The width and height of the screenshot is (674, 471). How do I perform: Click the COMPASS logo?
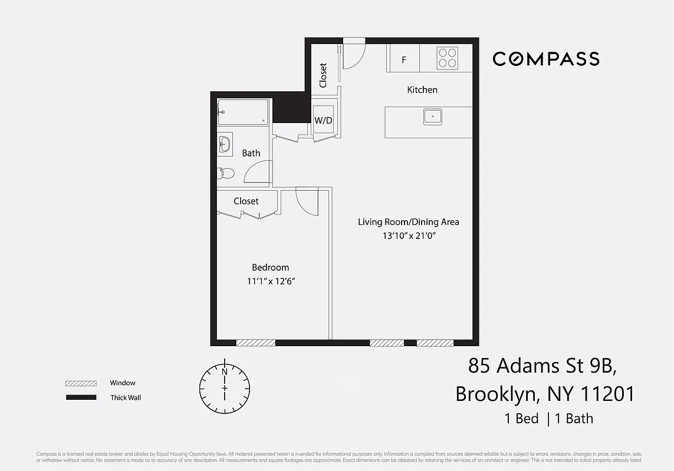pyautogui.click(x=546, y=59)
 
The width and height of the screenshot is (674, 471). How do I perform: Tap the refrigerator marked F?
pyautogui.click(x=404, y=59)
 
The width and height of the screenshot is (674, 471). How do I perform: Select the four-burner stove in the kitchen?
pyautogui.click(x=447, y=58)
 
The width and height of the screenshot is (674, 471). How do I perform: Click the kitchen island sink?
pyautogui.click(x=433, y=117)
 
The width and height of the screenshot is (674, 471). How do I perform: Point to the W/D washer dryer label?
pyautogui.click(x=323, y=121)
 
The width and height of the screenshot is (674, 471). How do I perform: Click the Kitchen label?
pyautogui.click(x=422, y=90)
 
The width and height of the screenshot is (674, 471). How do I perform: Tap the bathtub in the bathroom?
pyautogui.click(x=243, y=112)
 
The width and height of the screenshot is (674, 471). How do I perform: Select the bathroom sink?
pyautogui.click(x=225, y=144)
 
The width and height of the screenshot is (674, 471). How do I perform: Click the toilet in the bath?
pyautogui.click(x=225, y=173)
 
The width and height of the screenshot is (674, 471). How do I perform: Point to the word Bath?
pyautogui.click(x=251, y=153)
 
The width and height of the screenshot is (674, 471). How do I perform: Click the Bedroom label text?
pyautogui.click(x=270, y=267)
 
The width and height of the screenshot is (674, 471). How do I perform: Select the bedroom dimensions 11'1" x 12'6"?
pyautogui.click(x=271, y=281)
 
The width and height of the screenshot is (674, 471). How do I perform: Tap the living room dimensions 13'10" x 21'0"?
pyautogui.click(x=408, y=236)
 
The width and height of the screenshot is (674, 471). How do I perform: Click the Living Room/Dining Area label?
pyautogui.click(x=408, y=222)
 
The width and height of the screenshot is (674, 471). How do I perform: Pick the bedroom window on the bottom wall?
pyautogui.click(x=255, y=343)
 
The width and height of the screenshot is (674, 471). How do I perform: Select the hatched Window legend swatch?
pyautogui.click(x=81, y=383)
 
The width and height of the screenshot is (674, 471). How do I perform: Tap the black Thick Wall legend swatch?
pyautogui.click(x=81, y=398)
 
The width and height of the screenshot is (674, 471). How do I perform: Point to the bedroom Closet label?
pyautogui.click(x=246, y=201)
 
